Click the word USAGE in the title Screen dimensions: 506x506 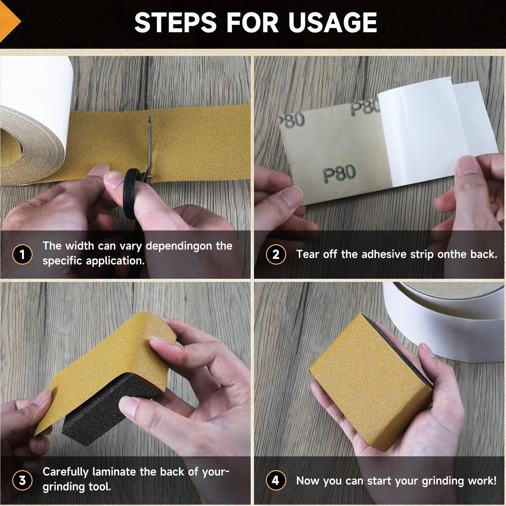pyautogui.click(x=333, y=22)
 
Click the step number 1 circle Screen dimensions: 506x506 pyautogui.click(x=22, y=254)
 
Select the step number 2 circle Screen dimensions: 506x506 pyautogui.click(x=276, y=254)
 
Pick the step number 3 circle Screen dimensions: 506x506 pyautogui.click(x=22, y=480)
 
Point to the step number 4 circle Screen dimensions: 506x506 pyautogui.click(x=276, y=480)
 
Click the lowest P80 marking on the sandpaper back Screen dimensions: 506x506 pyautogui.click(x=339, y=173)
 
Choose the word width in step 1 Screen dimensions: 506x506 pyautogui.click(x=79, y=246)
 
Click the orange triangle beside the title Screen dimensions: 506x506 pyautogui.click(x=10, y=22)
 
